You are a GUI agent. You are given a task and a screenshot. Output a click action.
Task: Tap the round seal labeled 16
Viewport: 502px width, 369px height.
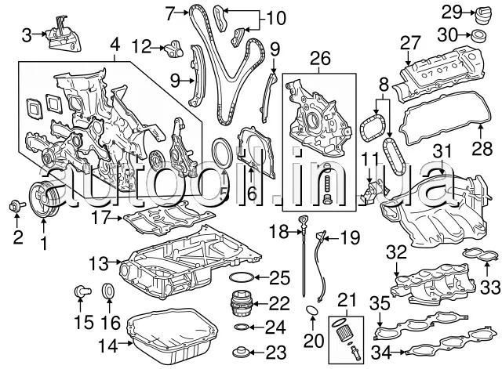point(109,293)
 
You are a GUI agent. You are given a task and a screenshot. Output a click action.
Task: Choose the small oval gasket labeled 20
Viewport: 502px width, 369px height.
point(311,313)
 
